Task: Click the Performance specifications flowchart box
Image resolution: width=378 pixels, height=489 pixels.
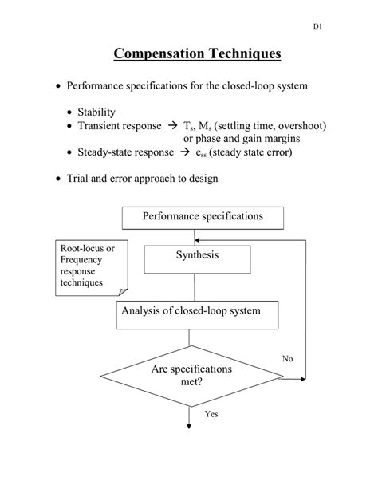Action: [203, 217]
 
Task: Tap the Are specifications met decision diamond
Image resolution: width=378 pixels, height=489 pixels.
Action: [190, 376]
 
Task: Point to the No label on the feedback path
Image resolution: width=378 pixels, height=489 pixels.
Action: [287, 359]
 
